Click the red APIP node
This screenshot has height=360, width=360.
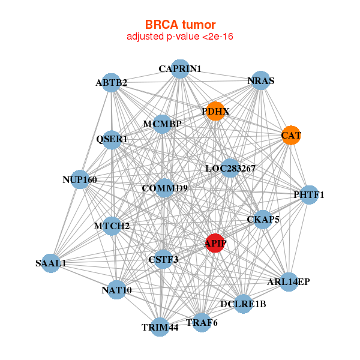click(x=215, y=243)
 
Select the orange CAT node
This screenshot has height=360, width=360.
click(x=291, y=135)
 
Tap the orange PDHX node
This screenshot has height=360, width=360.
click(x=215, y=111)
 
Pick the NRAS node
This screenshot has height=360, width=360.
click(x=260, y=80)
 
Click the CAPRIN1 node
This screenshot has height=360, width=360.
click(x=180, y=68)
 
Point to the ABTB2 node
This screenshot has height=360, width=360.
click(x=111, y=82)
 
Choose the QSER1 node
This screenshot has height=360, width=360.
click(x=112, y=140)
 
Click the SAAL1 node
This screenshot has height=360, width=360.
click(x=51, y=263)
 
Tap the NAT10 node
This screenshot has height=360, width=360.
click(x=116, y=290)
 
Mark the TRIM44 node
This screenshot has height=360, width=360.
click(x=160, y=327)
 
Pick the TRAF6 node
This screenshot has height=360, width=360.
click(x=202, y=322)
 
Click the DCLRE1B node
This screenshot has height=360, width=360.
click(x=243, y=304)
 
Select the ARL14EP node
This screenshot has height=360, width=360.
click(x=288, y=281)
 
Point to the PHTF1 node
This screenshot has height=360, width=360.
click(x=308, y=194)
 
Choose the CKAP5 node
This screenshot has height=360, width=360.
click(x=263, y=220)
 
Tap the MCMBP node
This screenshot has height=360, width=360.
click(x=163, y=124)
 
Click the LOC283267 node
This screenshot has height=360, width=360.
click(x=230, y=169)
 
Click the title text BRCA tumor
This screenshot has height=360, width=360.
click(x=180, y=25)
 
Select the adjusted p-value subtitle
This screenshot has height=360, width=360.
click(x=180, y=37)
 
